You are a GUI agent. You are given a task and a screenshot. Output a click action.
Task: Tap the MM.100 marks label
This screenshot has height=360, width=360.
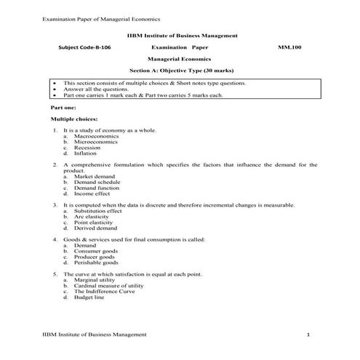288,46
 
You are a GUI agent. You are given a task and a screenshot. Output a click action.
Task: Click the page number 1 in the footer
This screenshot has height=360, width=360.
308,335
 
